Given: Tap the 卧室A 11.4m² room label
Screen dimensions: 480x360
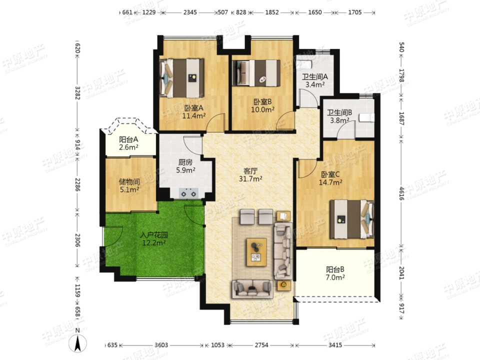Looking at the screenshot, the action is pos(194,112).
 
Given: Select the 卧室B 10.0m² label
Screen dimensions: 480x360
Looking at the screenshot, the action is pos(262,105).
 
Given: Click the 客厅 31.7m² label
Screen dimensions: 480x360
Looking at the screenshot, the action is pos(250,175).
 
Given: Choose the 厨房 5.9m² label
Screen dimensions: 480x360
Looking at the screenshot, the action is pos(185,166).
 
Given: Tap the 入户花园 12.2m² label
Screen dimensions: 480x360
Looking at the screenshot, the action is pos(154,239).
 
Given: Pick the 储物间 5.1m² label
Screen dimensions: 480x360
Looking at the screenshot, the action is pos(129,186).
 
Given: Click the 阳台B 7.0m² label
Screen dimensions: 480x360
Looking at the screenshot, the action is pos(335,273).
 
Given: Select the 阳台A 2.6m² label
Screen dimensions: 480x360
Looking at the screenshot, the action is pos(128,143).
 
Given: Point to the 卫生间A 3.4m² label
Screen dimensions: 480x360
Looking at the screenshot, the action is pos(315,80).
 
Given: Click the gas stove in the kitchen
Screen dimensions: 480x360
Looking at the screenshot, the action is pos(188,193).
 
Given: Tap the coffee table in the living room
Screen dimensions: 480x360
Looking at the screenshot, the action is pos(256,252).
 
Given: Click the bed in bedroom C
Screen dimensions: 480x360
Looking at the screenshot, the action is pos(351,219).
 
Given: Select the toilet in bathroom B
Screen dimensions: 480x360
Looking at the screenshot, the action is pos(366,118).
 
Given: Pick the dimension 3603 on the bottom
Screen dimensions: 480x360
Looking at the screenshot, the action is pos(161,345).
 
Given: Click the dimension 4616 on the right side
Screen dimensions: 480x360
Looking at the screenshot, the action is pos(401,193).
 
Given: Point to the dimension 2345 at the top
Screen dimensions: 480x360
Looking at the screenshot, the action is pos(190,12).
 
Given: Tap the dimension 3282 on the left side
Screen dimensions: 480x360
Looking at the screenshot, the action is pos(77,93).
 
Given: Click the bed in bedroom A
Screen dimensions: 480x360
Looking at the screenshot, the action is pos(181,78).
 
